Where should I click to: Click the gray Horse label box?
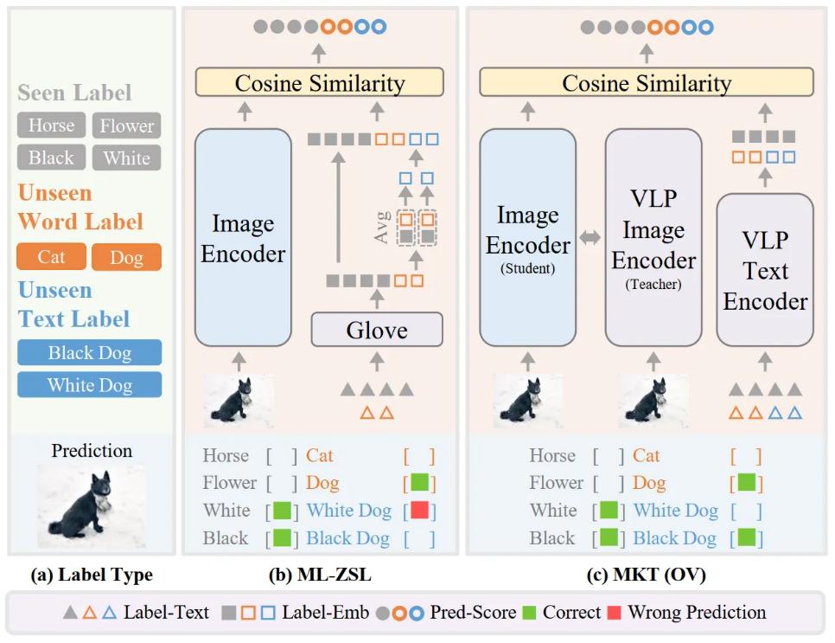coord(51,125)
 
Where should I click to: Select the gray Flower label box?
coord(126,125)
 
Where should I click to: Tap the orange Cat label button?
coord(51,257)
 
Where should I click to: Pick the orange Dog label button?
coord(126,257)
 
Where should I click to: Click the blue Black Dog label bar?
coord(89,352)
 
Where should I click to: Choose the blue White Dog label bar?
coord(89,384)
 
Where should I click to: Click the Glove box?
coord(376,330)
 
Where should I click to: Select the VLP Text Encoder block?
coord(765,270)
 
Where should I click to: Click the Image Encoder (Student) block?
coord(527,236)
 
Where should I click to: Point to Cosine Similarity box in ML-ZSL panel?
coord(320,83)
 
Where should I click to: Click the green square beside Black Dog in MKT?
coord(746,538)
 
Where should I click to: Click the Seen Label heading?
coord(74,93)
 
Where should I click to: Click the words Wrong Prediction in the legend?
coord(697,613)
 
